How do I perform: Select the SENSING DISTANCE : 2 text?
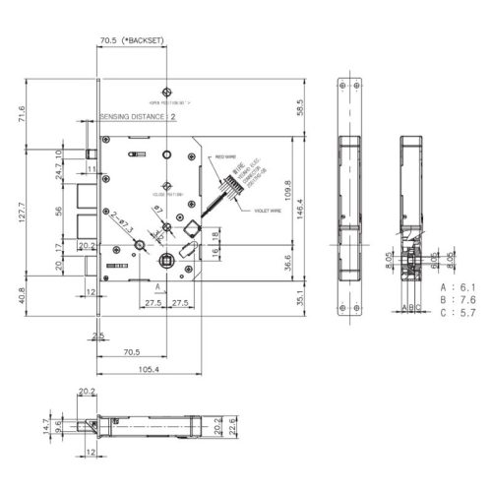[x=139, y=116]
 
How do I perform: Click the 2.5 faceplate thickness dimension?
[x=98, y=337]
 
